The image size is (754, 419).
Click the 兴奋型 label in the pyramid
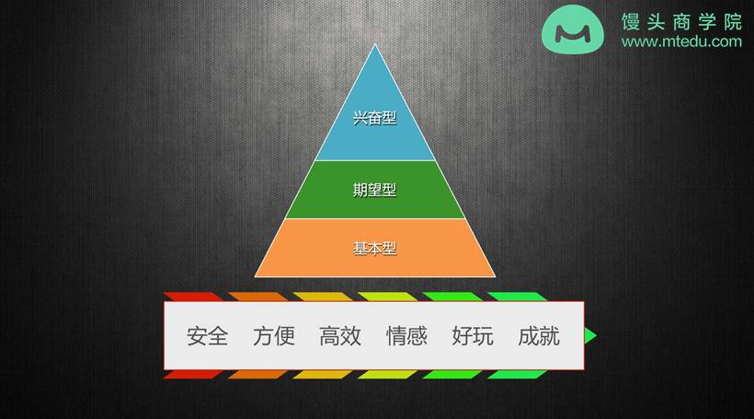tap(374, 118)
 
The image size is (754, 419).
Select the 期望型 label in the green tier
tap(374, 190)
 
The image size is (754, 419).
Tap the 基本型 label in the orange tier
tap(374, 249)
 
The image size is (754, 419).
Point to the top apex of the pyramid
tap(375, 45)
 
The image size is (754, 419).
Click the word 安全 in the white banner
tap(207, 336)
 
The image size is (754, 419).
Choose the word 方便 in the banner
tap(274, 336)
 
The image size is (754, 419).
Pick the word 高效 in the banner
tap(340, 336)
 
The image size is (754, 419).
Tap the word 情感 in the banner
tap(406, 336)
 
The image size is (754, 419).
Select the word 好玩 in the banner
tap(473, 336)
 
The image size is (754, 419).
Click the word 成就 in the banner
tap(539, 336)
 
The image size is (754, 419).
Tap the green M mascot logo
tap(573, 29)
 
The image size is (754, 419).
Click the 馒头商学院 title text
tap(681, 22)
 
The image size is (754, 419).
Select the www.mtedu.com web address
tap(681, 42)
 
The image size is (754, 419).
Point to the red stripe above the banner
tap(193, 297)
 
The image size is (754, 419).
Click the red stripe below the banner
tap(193, 374)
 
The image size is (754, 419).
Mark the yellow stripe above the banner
tap(323, 297)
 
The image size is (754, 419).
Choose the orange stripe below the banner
tap(257, 374)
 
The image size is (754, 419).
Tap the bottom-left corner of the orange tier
tap(255, 276)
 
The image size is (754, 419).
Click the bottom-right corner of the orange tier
tap(496, 276)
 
